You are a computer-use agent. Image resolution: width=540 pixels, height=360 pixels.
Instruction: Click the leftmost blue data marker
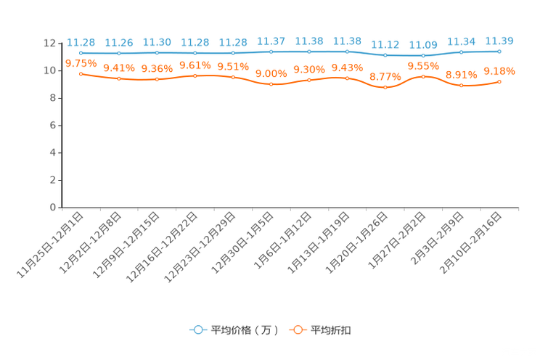coord(81,53)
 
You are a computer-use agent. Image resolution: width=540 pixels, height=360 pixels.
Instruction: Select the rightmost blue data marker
coord(499,52)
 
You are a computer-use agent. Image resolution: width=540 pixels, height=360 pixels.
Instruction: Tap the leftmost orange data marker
coord(81,73)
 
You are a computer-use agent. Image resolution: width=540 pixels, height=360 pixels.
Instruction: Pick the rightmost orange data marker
coord(499,81)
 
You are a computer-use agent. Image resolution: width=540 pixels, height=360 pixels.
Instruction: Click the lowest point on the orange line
coord(385,87)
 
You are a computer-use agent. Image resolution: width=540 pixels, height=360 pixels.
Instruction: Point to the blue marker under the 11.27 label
coord(271,52)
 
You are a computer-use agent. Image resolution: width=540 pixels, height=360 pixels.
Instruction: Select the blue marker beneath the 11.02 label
coord(385,55)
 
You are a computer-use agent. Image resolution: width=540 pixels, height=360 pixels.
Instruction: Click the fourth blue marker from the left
coord(195,53)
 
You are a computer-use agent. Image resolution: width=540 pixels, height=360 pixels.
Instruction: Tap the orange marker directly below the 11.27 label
coord(271,84)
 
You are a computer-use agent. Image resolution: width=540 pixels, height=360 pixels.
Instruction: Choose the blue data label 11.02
coord(385,44)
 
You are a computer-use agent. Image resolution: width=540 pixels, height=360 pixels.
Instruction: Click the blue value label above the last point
coord(499,41)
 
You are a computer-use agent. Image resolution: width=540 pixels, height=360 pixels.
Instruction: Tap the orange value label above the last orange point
coord(499,70)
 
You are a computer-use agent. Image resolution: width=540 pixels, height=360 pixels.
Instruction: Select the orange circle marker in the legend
coord(298,330)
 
